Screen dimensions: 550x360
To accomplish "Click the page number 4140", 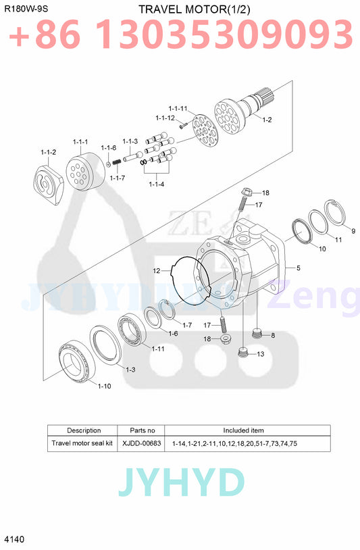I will [14, 539].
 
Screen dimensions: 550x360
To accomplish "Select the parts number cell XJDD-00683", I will [141, 443].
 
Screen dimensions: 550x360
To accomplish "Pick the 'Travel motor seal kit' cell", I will [84, 443].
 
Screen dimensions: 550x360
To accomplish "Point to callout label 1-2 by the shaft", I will [267, 120].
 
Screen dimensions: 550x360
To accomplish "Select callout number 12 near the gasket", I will [156, 271].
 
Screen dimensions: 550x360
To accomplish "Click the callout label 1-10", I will [104, 386].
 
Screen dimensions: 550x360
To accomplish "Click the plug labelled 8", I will [256, 334].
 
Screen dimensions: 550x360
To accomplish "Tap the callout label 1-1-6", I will [109, 147].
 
